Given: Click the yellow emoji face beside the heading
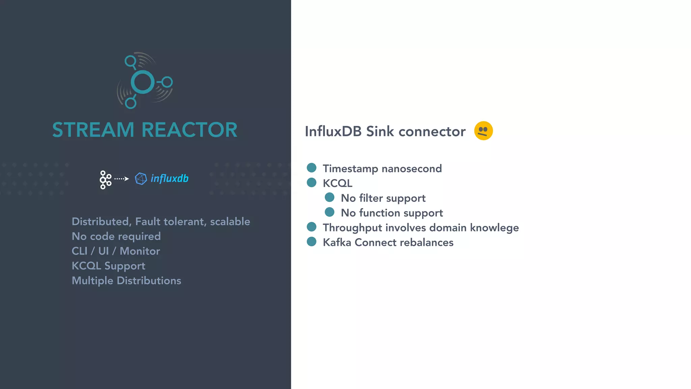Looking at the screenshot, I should (483, 131).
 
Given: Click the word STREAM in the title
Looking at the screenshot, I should (93, 130).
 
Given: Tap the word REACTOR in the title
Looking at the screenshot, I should (189, 130).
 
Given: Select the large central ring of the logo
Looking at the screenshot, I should (142, 82).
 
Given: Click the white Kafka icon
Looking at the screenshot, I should (105, 180).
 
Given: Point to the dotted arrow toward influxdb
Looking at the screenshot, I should (121, 179).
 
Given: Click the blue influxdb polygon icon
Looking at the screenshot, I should (141, 179).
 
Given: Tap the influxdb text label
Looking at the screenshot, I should (169, 178).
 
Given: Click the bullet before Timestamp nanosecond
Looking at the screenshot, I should (311, 168).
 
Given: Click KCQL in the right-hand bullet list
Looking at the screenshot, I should (337, 183).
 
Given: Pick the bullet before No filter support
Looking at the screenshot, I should (329, 197).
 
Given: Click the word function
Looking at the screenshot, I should (380, 213).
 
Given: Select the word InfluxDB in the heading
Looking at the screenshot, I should (333, 131).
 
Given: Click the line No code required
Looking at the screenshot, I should (116, 236).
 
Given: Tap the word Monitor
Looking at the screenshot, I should (140, 251).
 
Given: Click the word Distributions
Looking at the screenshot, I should (149, 281).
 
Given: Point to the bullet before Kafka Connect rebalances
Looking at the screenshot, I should (311, 242).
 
